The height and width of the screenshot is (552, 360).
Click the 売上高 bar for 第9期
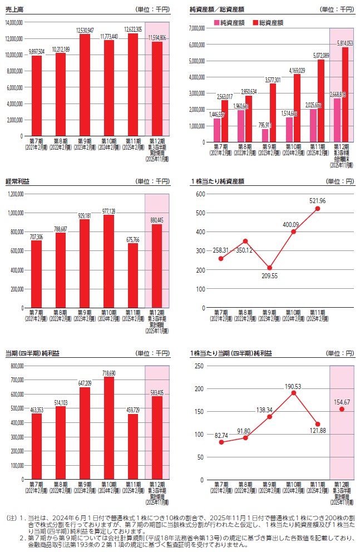(85, 85)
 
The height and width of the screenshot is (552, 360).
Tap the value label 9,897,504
(36, 52)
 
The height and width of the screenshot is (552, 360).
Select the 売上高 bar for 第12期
(156, 89)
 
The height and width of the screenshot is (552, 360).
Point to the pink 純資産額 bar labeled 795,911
(265, 135)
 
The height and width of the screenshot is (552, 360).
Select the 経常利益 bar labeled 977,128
(109, 262)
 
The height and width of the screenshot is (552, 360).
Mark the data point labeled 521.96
(318, 209)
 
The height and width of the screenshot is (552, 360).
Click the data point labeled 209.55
(269, 268)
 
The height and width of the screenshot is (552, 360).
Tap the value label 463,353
(36, 410)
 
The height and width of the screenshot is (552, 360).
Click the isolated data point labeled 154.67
(342, 409)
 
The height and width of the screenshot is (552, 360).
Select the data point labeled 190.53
(294, 393)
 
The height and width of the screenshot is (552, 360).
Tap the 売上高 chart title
(13, 9)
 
